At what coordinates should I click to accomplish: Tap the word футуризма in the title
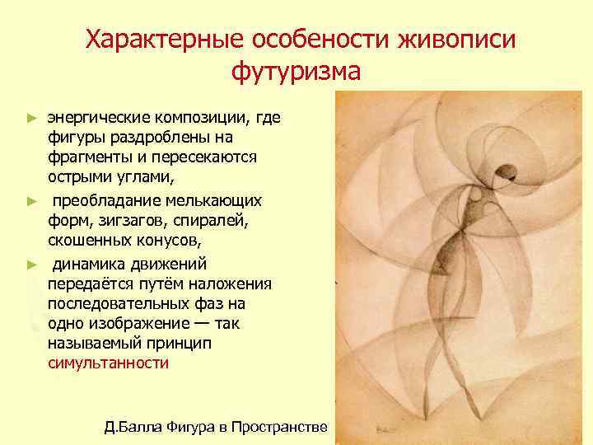click(296, 72)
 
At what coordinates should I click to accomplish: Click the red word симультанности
click(108, 363)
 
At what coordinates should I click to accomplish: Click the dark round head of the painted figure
click(509, 172)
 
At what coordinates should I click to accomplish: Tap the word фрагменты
click(91, 157)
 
